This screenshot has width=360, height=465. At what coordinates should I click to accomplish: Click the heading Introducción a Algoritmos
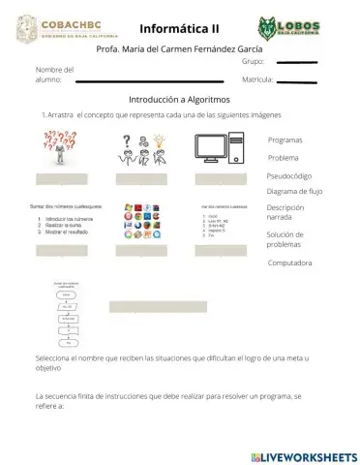179,100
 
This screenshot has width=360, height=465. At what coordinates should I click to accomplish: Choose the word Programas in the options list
285,140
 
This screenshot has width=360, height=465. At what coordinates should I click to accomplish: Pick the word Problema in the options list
284,157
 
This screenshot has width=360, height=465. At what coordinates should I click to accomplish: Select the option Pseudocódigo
289,175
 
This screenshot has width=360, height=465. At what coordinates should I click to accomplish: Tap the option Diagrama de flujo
294,191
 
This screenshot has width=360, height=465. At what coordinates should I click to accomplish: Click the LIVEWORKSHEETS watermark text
309,455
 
